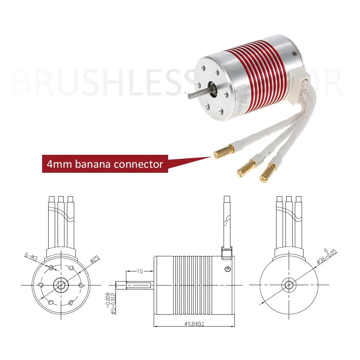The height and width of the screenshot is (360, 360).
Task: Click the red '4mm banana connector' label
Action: (x=105, y=164)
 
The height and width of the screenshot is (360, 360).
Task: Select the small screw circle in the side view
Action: (x=227, y=269)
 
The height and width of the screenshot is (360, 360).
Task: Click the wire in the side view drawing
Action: (x=226, y=223)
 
